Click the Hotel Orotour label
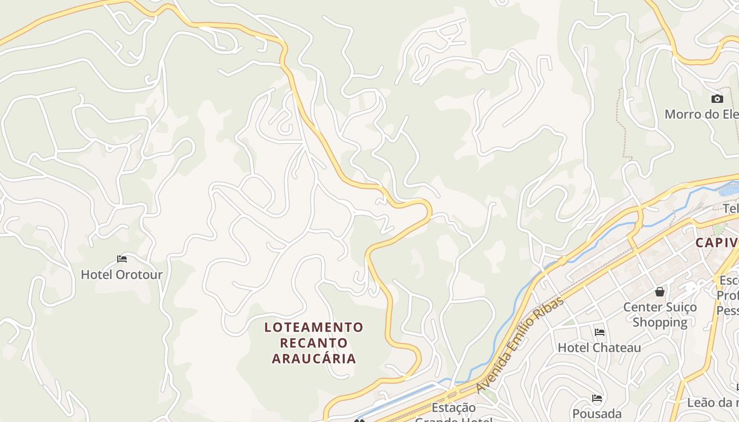coord(121,275)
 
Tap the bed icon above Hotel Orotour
coord(122,259)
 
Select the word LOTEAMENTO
coord(314,328)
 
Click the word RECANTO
coord(314,343)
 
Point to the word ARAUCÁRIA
coord(314,359)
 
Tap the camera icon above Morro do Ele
coord(717,99)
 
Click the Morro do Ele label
coord(701,114)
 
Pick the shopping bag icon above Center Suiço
coord(660,292)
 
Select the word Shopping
coord(660,322)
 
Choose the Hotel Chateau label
coord(599,348)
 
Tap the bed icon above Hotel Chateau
coord(600,332)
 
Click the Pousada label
coord(597,414)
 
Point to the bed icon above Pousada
coord(597,398)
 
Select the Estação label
coord(453,408)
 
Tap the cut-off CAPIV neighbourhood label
coord(716,243)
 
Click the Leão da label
coord(713,403)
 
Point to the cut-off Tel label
coord(731,209)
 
